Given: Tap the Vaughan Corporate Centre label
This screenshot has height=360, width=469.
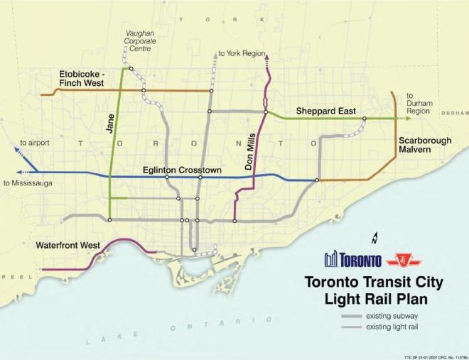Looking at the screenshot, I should pyautogui.click(x=140, y=41).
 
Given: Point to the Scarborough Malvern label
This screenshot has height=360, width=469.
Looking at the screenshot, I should pyautogui.click(x=424, y=145).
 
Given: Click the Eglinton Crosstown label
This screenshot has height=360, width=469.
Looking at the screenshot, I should pyautogui.click(x=181, y=170).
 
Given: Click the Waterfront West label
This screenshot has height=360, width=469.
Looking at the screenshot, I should pyautogui.click(x=68, y=245).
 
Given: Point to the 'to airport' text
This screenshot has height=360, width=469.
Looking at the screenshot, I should pyautogui.click(x=35, y=143).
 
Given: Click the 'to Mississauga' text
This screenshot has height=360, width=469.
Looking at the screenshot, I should pyautogui.click(x=27, y=182).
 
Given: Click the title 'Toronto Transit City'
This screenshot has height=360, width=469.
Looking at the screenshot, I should pyautogui.click(x=373, y=283).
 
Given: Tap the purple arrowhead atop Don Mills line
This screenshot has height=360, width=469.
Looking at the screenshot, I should pyautogui.click(x=267, y=62).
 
